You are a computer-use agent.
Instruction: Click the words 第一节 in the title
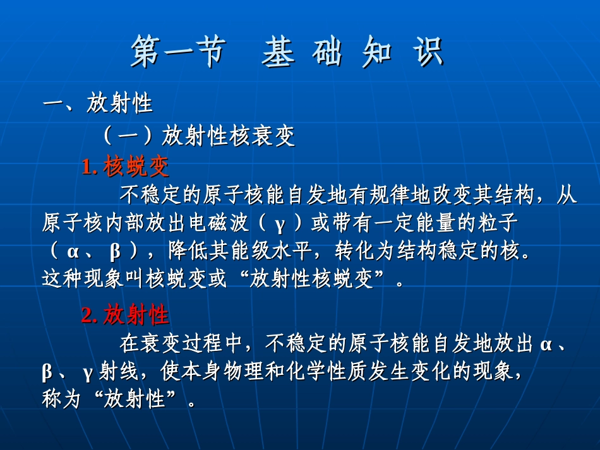pyautogui.click(x=177, y=53)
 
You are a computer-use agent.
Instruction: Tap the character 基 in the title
pyautogui.click(x=278, y=53)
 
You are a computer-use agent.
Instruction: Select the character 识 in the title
pyautogui.click(x=428, y=53)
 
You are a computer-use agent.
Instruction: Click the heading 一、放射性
pyautogui.click(x=98, y=104)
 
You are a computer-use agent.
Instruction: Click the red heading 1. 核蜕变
pyautogui.click(x=126, y=167)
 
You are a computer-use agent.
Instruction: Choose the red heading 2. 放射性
pyautogui.click(x=125, y=314)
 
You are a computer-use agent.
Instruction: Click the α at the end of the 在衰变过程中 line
pyautogui.click(x=546, y=344)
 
